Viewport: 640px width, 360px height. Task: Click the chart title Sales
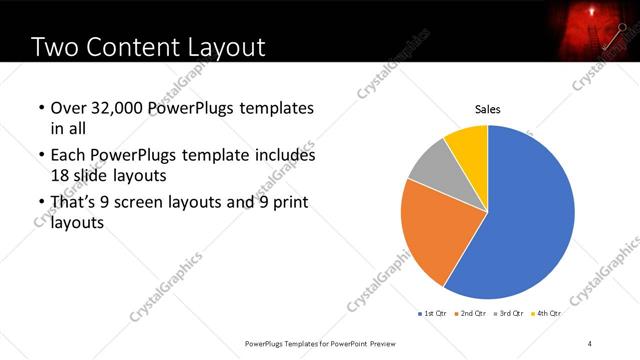tap(487, 110)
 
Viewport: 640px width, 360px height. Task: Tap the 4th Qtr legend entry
tap(547, 313)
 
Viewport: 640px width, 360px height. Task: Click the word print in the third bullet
tap(286, 203)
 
